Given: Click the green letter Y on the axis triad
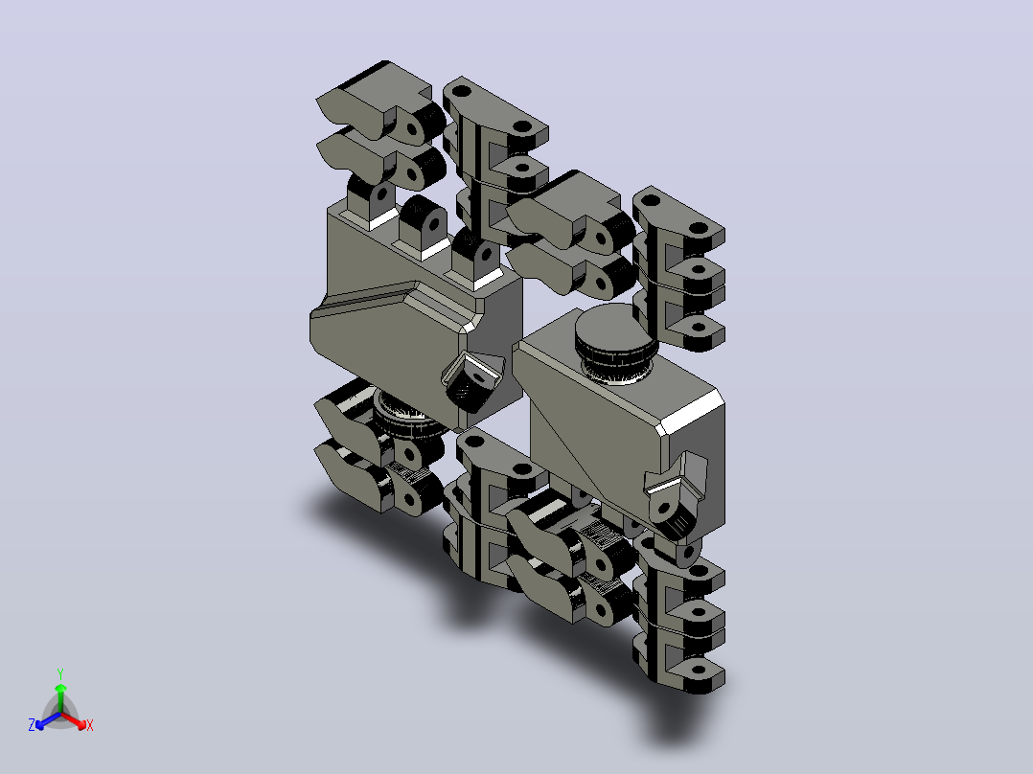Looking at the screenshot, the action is point(60,673).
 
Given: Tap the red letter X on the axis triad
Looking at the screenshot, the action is point(90,725).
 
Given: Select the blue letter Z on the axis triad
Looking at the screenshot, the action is point(31,725).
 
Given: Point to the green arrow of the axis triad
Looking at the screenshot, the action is point(60,697).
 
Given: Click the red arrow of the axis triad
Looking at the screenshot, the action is point(74,719).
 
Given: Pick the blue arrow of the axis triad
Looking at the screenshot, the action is point(48,720).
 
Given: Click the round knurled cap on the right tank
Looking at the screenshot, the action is point(615,343).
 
